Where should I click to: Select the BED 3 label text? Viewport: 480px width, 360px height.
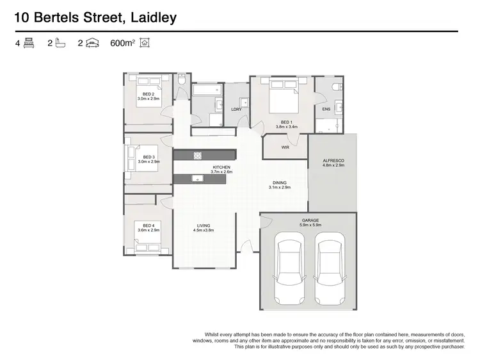[149, 157]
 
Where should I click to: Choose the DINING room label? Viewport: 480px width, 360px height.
[279, 183]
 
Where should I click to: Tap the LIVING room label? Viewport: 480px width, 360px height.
[204, 225]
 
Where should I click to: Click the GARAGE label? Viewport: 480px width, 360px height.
[310, 220]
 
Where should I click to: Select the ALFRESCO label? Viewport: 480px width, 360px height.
[333, 161]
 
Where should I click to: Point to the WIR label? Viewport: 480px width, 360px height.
[285, 147]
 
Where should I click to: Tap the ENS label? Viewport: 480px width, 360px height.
[326, 110]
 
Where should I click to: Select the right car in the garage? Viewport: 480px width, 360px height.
[331, 269]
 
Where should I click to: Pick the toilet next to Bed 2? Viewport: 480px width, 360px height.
[182, 82]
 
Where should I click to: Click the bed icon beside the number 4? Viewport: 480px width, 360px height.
[28, 44]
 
